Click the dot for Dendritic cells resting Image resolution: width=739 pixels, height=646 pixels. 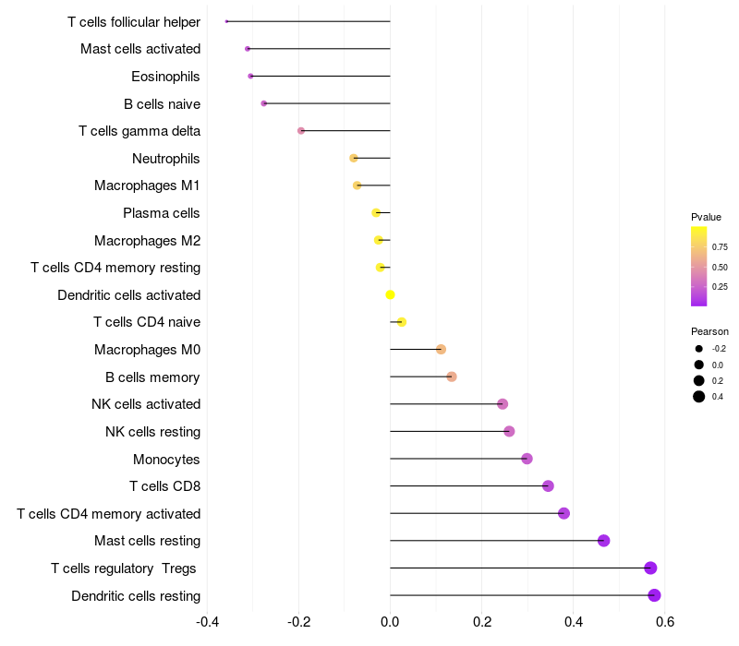pos(654,595)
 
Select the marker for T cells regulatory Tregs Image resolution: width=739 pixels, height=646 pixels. pos(650,568)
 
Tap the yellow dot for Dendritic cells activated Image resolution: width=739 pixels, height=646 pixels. pos(390,294)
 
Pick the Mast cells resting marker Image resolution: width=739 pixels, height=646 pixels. pos(603,541)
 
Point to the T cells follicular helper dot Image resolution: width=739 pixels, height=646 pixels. pos(226,21)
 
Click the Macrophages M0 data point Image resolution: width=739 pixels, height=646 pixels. pos(441,349)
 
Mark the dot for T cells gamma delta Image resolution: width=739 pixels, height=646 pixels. pos(301,131)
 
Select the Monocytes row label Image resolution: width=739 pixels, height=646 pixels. pos(166,459)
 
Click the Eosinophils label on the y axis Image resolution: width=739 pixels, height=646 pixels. pos(165,76)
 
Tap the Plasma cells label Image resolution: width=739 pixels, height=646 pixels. pos(162,213)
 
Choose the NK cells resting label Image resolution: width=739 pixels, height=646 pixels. pos(152,431)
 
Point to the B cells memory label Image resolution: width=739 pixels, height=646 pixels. pos(152,377)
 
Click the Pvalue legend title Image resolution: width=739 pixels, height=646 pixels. pos(706,217)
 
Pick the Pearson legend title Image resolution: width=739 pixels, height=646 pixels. pos(709,331)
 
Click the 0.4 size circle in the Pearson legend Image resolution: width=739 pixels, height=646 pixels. pos(699,397)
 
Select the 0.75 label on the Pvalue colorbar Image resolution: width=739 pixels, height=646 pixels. pos(720,247)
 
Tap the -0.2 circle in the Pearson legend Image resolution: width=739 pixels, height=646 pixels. pos(699,349)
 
